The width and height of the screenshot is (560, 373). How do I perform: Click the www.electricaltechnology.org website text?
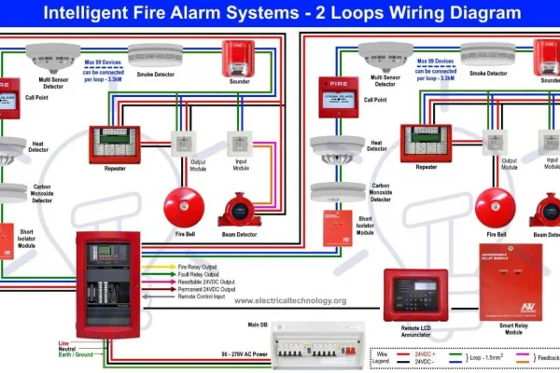pyautogui.click(x=289, y=300)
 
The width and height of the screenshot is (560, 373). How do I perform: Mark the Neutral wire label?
pyautogui.click(x=68, y=349)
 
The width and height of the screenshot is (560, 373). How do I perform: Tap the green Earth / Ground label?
pyautogui.click(x=76, y=355)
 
